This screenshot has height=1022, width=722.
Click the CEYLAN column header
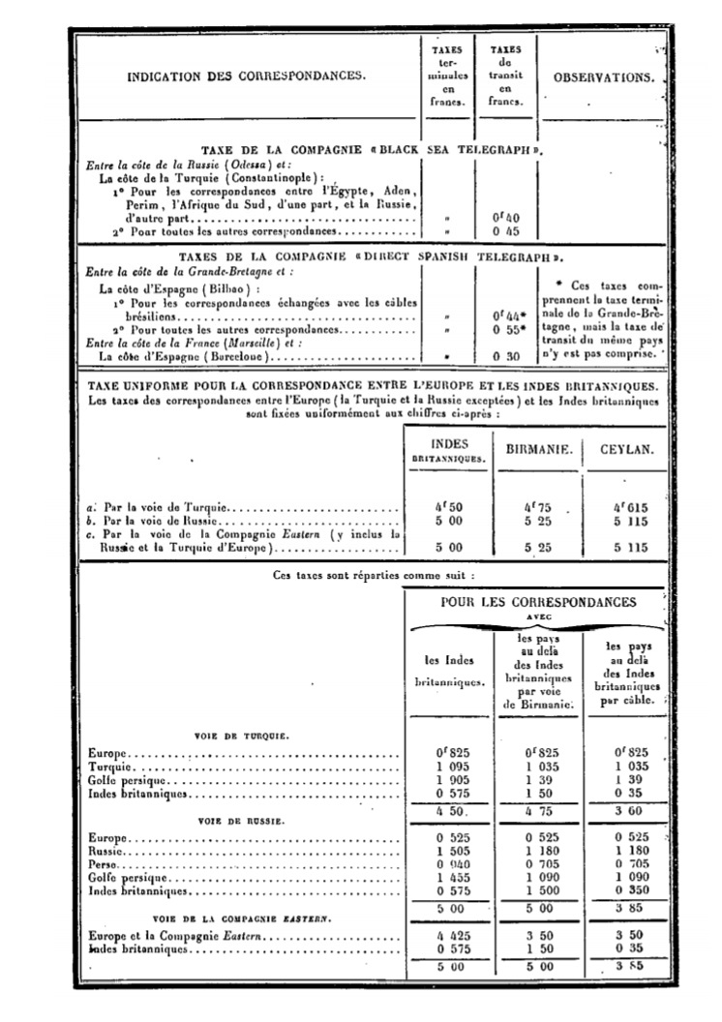click(x=623, y=451)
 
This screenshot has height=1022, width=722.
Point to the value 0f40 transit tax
click(x=505, y=218)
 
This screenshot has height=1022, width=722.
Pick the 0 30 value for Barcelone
click(x=505, y=356)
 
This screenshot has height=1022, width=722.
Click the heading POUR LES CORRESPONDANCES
click(x=538, y=602)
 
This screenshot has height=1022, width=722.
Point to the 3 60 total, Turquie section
click(x=624, y=811)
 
